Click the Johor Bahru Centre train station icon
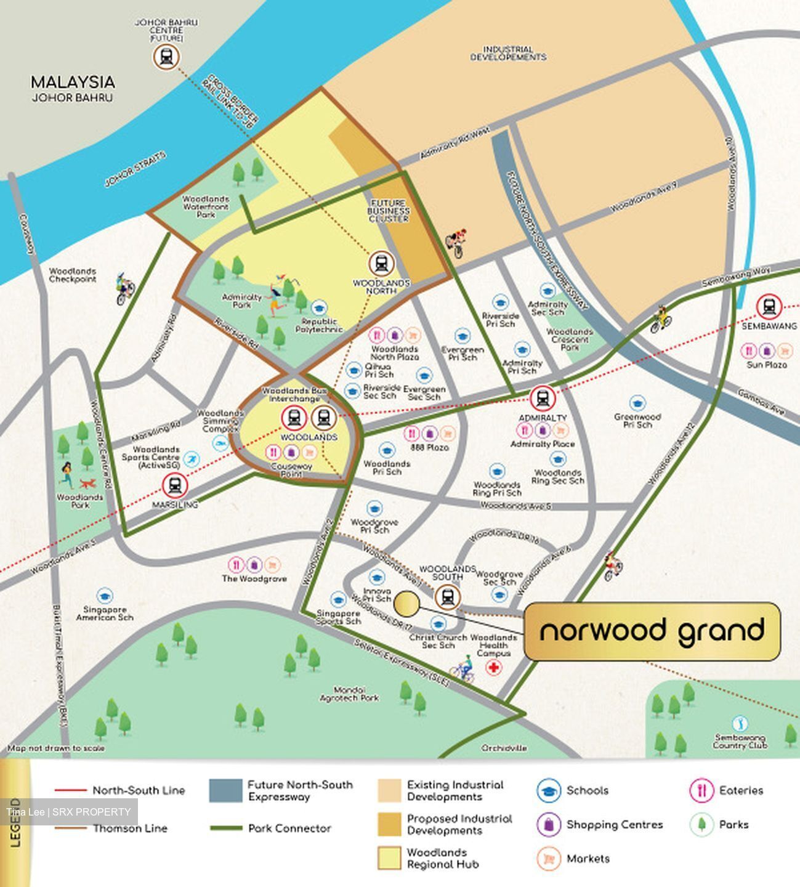[166, 58]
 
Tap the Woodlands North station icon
[381, 264]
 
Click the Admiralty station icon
[542, 398]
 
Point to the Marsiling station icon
[176, 486]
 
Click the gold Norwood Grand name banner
[652, 631]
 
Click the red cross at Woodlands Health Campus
[493, 667]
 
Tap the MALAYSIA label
[73, 82]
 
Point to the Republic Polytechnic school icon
[318, 307]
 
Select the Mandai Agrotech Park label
[349, 694]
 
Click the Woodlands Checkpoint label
[73, 275]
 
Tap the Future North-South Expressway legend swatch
[225, 791]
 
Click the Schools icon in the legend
[548, 791]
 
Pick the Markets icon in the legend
[548, 859]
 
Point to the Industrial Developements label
[508, 53]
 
